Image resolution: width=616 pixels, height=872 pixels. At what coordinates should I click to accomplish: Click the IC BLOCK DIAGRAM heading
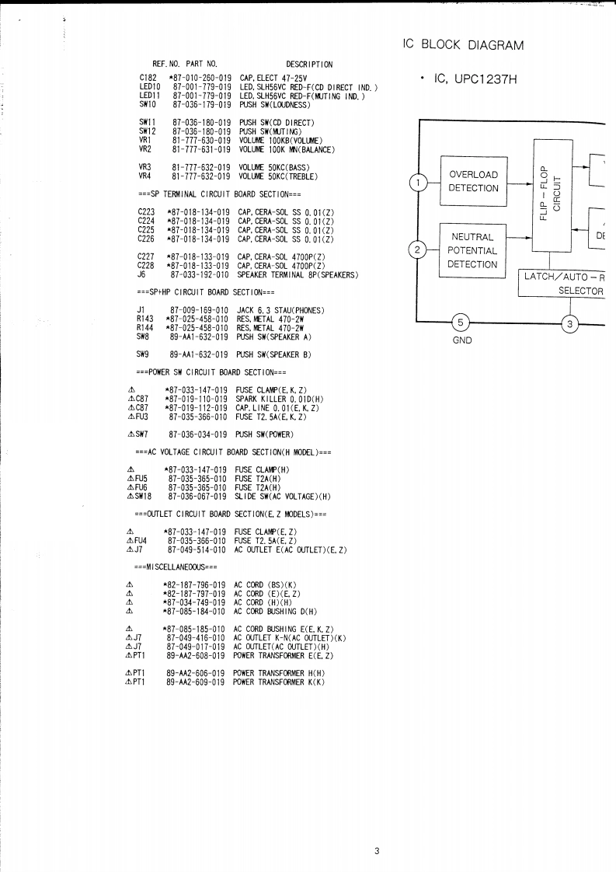(464, 44)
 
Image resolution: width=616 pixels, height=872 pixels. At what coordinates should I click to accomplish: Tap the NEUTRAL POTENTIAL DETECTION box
(472, 250)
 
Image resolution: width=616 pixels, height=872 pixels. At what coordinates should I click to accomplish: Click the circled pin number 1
(419, 183)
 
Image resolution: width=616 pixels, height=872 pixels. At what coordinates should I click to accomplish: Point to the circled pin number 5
(461, 322)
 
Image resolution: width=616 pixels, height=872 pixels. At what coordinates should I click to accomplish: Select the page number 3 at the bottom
(377, 851)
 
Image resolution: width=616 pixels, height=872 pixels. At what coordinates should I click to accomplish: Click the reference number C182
(148, 78)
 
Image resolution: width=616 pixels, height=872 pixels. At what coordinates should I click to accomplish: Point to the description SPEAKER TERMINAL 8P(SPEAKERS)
(298, 274)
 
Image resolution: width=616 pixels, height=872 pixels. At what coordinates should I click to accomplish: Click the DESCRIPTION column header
(309, 63)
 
